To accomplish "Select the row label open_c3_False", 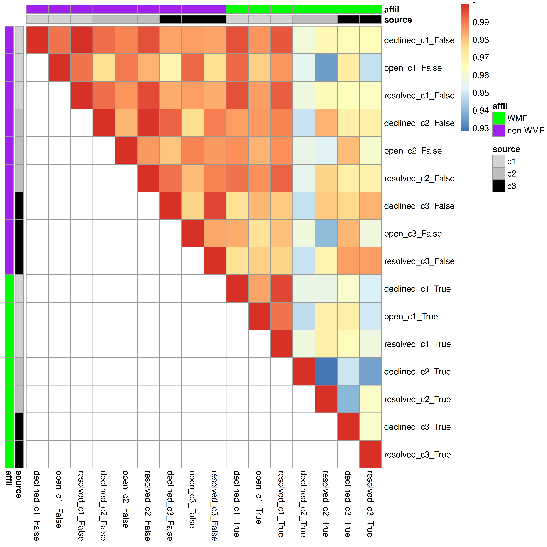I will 413,234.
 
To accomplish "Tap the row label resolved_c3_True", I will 417,454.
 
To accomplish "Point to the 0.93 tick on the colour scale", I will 480,128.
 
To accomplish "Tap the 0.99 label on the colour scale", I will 480,22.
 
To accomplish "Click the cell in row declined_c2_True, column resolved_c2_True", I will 326,371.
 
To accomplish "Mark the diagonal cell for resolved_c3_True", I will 370,454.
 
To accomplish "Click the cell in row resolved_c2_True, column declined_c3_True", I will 348,399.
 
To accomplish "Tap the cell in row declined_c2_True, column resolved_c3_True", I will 370,371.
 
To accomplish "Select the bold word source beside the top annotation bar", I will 398,20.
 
